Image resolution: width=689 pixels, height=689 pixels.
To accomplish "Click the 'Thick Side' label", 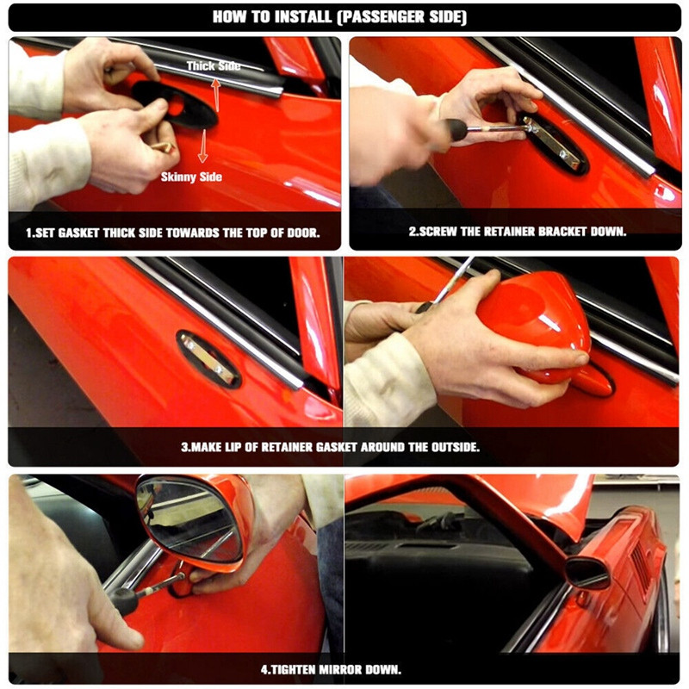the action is [x=213, y=66].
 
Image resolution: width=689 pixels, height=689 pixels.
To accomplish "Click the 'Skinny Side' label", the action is [x=191, y=177].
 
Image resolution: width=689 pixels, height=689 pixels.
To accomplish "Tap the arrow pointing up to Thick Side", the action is [x=216, y=95].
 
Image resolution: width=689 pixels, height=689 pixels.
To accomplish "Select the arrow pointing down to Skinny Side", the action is [x=203, y=146].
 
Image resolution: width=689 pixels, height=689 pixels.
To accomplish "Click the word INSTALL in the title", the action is [x=302, y=17].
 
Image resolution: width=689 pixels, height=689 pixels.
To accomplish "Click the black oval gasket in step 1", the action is [x=176, y=105].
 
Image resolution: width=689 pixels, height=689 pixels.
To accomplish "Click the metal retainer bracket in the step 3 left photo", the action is [x=207, y=358].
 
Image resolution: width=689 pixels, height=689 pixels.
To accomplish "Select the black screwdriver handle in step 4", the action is [x=125, y=600].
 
